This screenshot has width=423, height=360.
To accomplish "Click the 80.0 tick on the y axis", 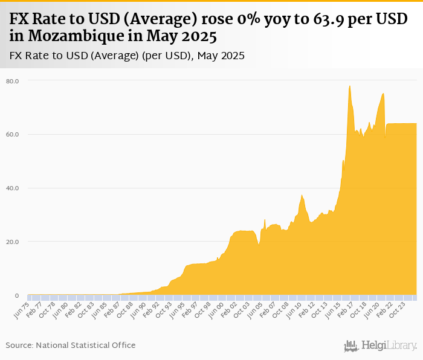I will pos(13,80).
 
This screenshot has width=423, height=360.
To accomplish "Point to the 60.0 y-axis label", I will pos(13,134).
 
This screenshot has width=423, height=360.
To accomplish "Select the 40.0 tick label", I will pos(13,188).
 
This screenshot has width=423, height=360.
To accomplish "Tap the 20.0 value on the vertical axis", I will pos(13,242).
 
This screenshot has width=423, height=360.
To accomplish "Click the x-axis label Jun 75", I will pos(21,309).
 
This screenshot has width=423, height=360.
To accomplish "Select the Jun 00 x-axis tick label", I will pos(215,309).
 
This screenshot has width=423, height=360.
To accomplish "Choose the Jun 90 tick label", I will pos(138,309).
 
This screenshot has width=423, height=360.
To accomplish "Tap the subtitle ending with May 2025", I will pos(127,56).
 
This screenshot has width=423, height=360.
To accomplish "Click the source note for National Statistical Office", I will pos(71,345).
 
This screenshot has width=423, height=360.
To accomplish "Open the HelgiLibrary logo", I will pos(380,346).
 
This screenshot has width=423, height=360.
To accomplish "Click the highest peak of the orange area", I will pos(350,86).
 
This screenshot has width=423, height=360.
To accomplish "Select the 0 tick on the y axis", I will pos(17,295).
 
